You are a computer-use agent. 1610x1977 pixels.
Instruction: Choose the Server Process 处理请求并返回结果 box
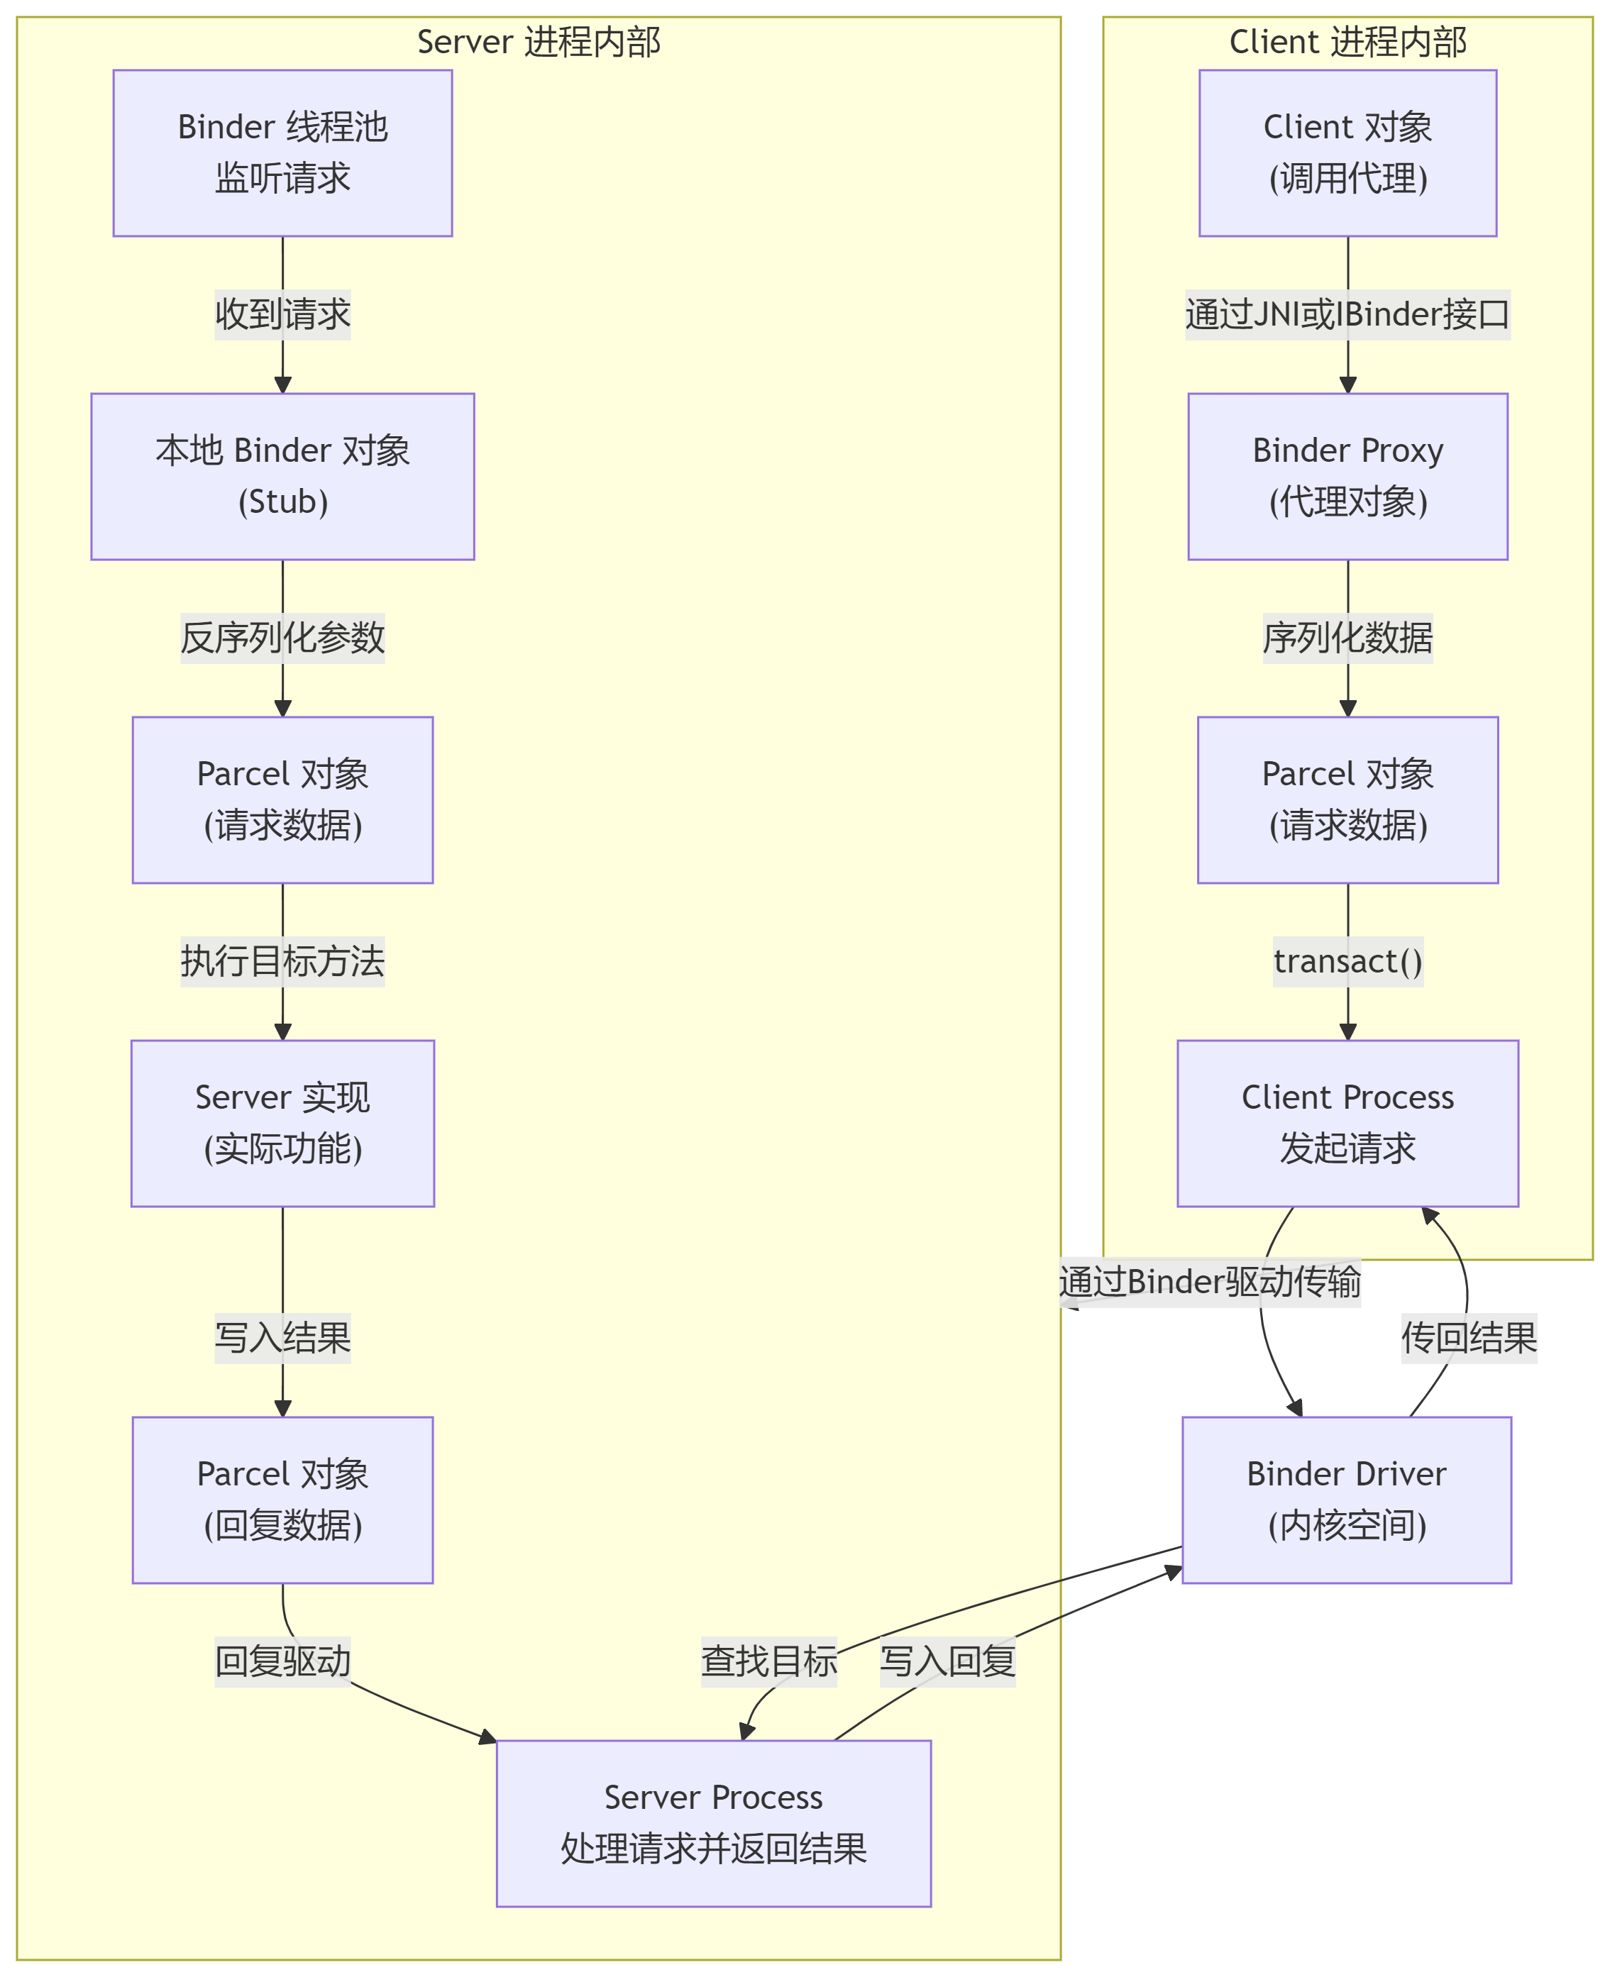point(713,1823)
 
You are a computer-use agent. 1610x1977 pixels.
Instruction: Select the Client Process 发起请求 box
point(1347,1123)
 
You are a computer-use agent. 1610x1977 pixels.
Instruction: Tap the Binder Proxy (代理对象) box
point(1347,476)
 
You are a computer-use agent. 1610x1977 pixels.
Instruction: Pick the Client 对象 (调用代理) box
point(1347,153)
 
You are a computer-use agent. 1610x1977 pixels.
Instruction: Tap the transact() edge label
point(1347,962)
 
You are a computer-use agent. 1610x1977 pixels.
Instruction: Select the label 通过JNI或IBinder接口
point(1347,314)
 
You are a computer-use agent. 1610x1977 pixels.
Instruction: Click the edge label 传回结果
point(1468,1338)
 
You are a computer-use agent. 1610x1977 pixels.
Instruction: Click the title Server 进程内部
point(538,42)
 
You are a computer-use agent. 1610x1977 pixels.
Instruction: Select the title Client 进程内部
point(1347,42)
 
